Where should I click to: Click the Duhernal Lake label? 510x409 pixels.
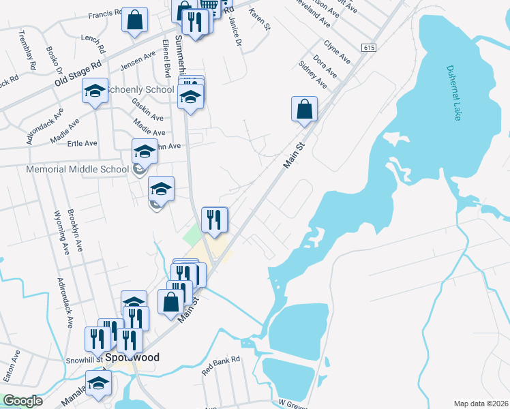coord(454,93)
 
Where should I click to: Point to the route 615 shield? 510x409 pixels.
coord(369,48)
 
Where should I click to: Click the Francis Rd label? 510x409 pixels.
coord(105,13)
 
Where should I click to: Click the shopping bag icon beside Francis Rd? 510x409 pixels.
coord(135,20)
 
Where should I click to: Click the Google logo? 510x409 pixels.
coord(22,401)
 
